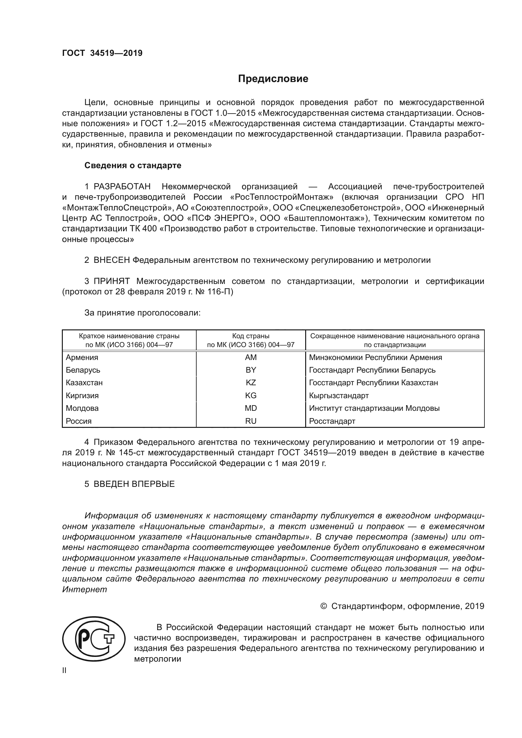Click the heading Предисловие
click(273, 79)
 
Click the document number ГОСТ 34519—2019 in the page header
click(102, 53)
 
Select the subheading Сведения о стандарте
click(133, 165)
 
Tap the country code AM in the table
click(251, 357)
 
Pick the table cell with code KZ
click(251, 382)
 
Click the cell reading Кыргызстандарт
click(339, 395)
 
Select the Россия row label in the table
click(79, 421)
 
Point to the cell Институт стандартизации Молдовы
click(374, 408)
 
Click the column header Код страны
click(251, 336)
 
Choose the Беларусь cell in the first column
click(83, 370)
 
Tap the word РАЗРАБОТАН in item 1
click(122, 186)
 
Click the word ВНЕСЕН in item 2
click(111, 260)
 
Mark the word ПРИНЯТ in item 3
click(111, 281)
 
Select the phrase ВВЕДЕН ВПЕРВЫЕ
click(134, 484)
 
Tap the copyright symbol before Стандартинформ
click(324, 606)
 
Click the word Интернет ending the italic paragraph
click(85, 589)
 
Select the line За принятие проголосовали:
click(142, 313)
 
